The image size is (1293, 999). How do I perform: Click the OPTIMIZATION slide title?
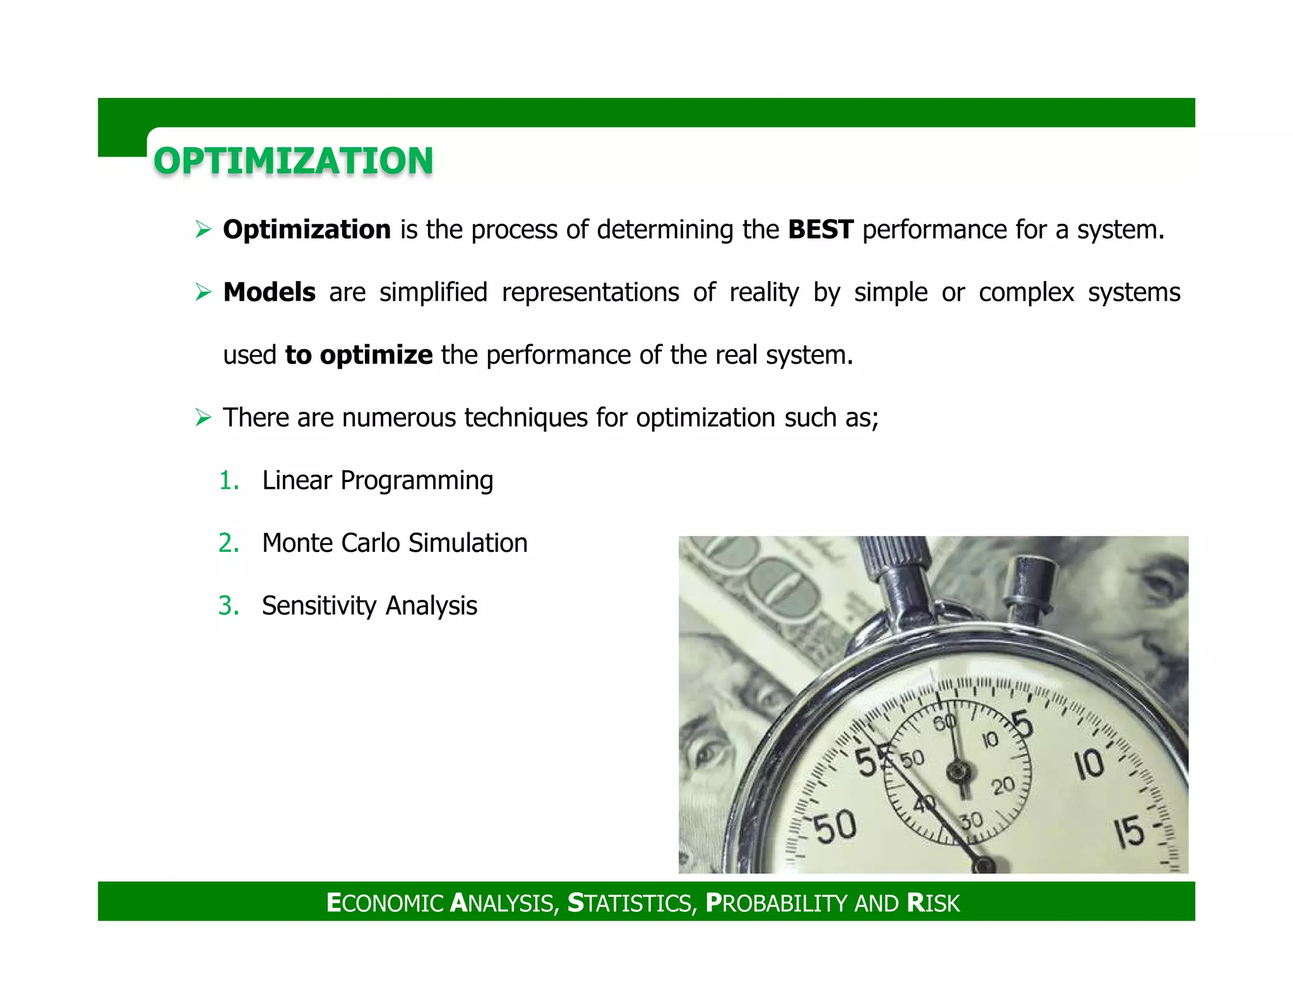(293, 160)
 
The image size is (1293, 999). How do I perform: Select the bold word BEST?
(820, 229)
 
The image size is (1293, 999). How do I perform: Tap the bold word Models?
(269, 292)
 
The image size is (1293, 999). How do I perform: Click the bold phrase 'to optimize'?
(359, 355)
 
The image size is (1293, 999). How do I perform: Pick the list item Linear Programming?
(377, 481)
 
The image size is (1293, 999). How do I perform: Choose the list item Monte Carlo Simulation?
(394, 543)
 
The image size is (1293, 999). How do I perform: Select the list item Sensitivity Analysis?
(369, 606)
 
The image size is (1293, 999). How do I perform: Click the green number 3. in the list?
(228, 606)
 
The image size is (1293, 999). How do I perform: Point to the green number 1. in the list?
(229, 481)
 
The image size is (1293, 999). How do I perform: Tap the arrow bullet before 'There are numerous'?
(203, 417)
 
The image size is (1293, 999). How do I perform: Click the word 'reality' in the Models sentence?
(764, 292)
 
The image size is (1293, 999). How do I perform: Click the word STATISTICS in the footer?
(631, 902)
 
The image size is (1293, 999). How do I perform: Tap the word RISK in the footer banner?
(933, 902)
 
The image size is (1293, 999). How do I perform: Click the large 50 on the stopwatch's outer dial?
(835, 826)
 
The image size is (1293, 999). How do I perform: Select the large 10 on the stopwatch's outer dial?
(1089, 765)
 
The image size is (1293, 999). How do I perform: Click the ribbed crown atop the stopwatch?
(896, 556)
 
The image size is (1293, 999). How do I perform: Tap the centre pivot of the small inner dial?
(959, 771)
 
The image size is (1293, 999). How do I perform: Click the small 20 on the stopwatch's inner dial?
(1002, 786)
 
